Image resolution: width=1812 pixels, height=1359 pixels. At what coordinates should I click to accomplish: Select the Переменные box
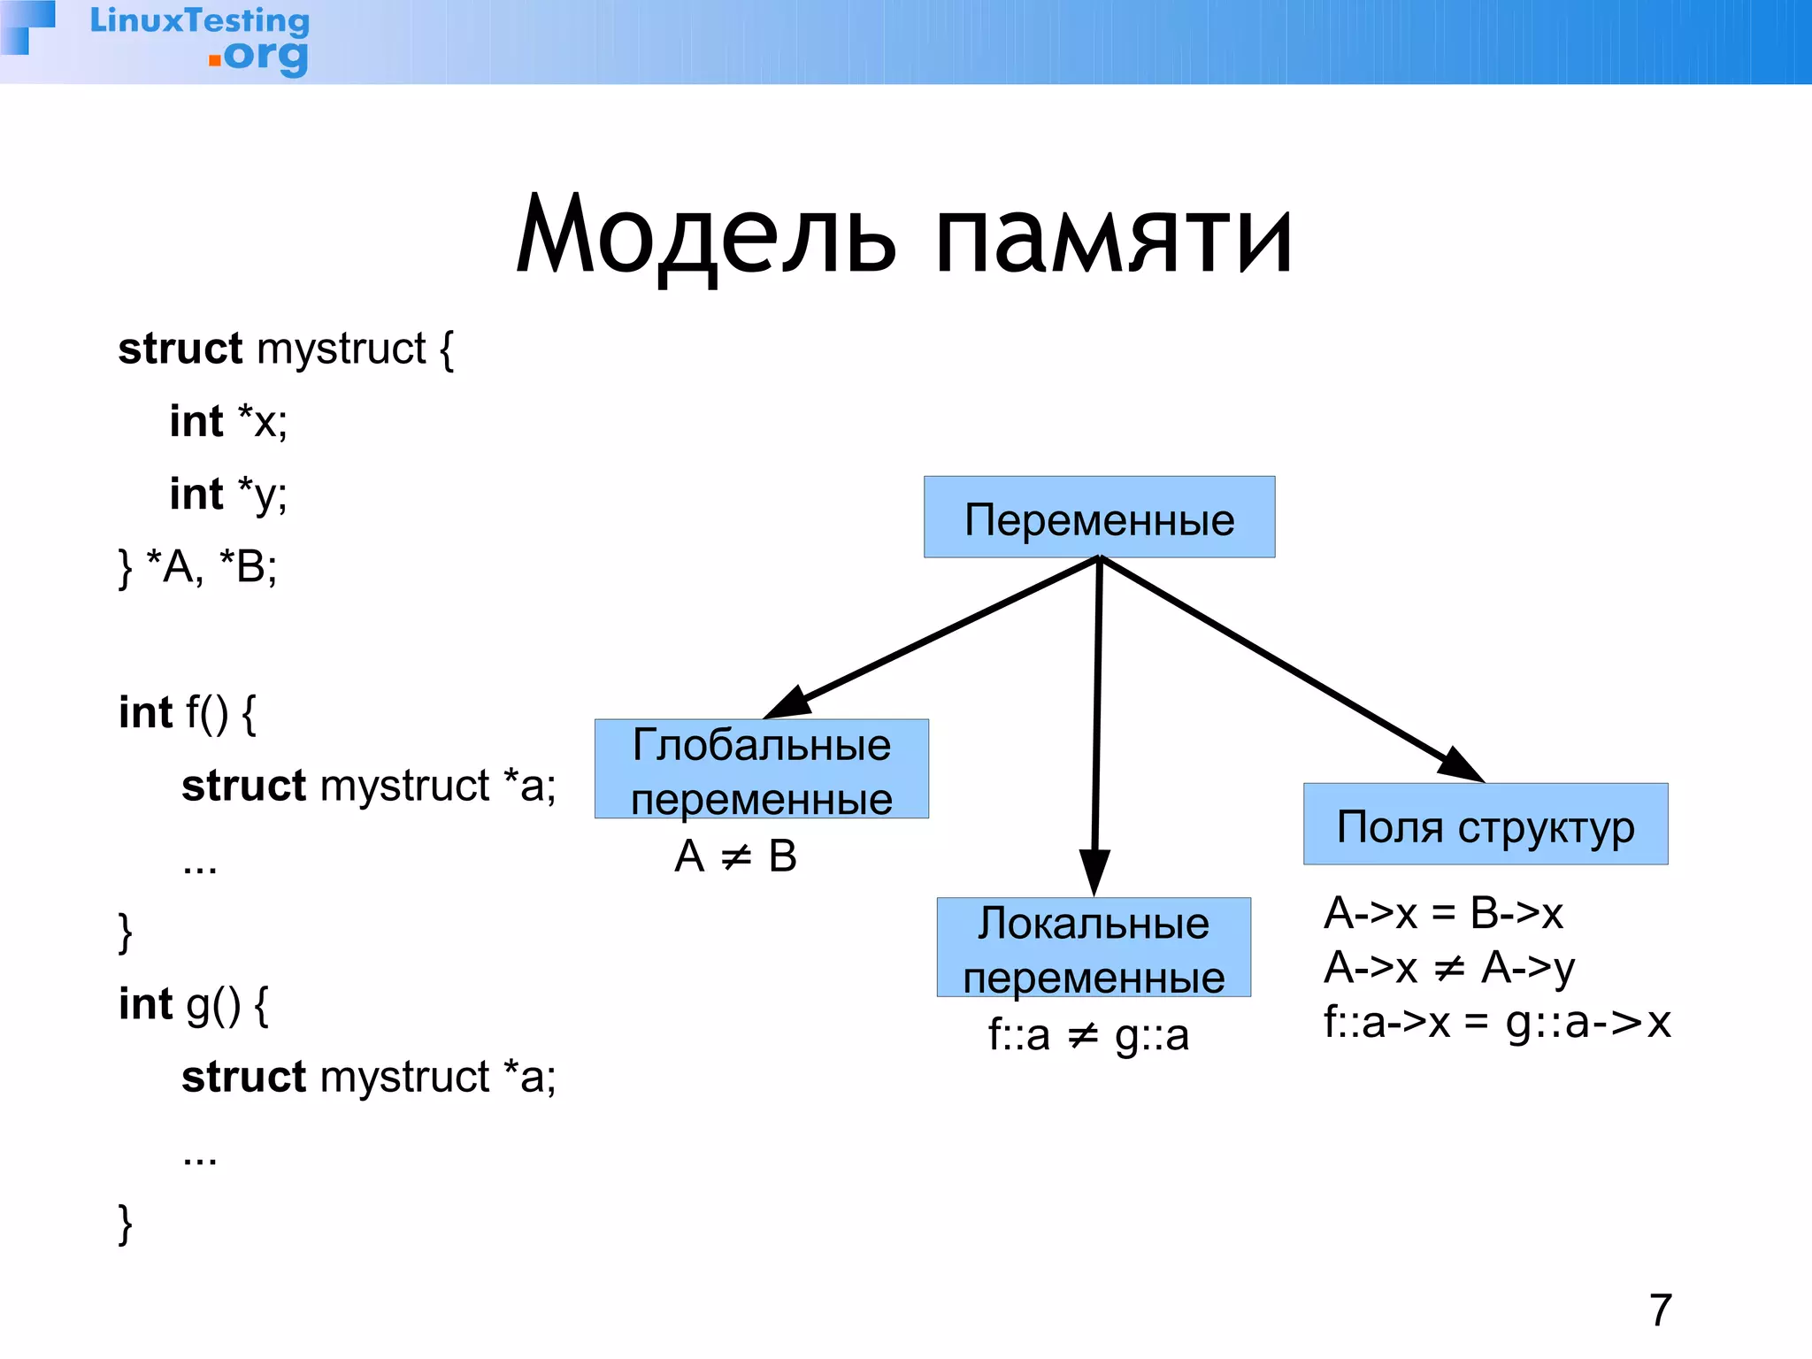[x=1099, y=518]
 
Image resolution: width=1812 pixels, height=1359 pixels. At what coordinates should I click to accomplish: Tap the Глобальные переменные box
[x=761, y=769]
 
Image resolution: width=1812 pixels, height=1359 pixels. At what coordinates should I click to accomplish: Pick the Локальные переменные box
[x=1094, y=948]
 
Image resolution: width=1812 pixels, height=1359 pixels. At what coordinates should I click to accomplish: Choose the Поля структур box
[x=1486, y=825]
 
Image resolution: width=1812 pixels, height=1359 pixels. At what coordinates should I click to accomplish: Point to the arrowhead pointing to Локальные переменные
[x=1094, y=871]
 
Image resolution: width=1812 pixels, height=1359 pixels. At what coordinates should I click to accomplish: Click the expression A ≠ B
[x=735, y=856]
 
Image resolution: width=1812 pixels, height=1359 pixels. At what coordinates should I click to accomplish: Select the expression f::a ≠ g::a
[x=1088, y=1035]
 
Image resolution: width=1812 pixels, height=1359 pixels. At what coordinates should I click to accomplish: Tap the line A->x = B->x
[x=1443, y=913]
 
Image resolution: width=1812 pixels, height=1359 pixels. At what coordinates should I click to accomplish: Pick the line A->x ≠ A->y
[x=1448, y=968]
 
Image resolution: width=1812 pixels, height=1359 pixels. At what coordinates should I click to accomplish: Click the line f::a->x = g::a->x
[x=1496, y=1023]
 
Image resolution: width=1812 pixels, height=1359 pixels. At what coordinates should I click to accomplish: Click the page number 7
[x=1661, y=1310]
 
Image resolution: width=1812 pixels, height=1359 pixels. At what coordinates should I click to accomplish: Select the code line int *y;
[x=228, y=495]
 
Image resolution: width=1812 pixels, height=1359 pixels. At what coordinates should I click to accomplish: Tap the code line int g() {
[x=194, y=1005]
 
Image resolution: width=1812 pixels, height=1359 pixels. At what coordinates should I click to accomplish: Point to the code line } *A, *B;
[x=198, y=567]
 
